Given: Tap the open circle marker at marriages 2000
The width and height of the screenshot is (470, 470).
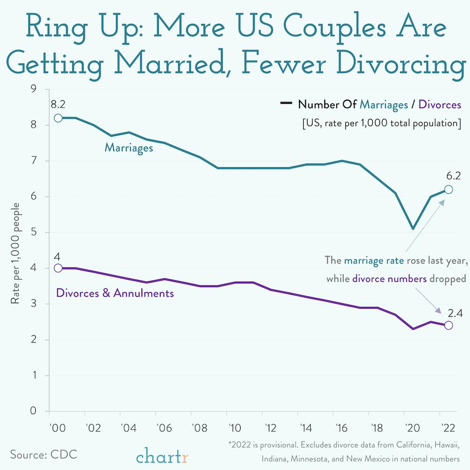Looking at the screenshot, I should [58, 118].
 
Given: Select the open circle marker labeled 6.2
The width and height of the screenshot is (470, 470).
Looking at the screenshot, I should [448, 189].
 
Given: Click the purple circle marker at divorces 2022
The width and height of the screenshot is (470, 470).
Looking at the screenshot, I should [448, 325].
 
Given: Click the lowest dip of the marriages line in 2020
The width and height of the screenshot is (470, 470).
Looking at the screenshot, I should [413, 229].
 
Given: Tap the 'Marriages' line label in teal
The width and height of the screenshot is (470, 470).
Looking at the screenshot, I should [129, 148].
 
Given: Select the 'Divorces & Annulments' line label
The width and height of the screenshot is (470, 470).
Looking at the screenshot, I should [115, 293].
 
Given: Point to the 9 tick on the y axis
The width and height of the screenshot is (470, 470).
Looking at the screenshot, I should [33, 89].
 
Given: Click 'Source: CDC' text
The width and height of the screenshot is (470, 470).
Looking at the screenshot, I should [43, 455].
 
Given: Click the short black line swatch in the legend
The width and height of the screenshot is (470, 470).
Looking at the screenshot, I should [286, 104].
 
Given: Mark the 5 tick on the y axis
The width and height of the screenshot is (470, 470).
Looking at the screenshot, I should [33, 233].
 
